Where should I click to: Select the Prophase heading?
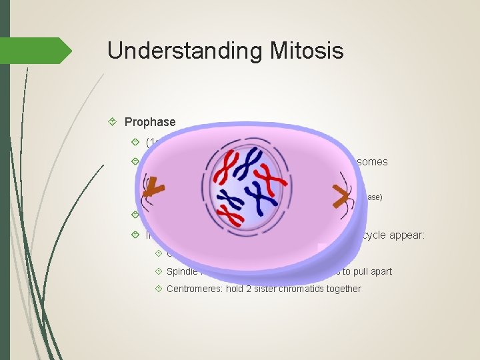coord(150,122)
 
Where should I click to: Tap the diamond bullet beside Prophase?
coord(113,122)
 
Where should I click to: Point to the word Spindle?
coord(181,271)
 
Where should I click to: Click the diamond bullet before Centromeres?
coord(157,289)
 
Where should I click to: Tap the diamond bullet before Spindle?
coord(157,271)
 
